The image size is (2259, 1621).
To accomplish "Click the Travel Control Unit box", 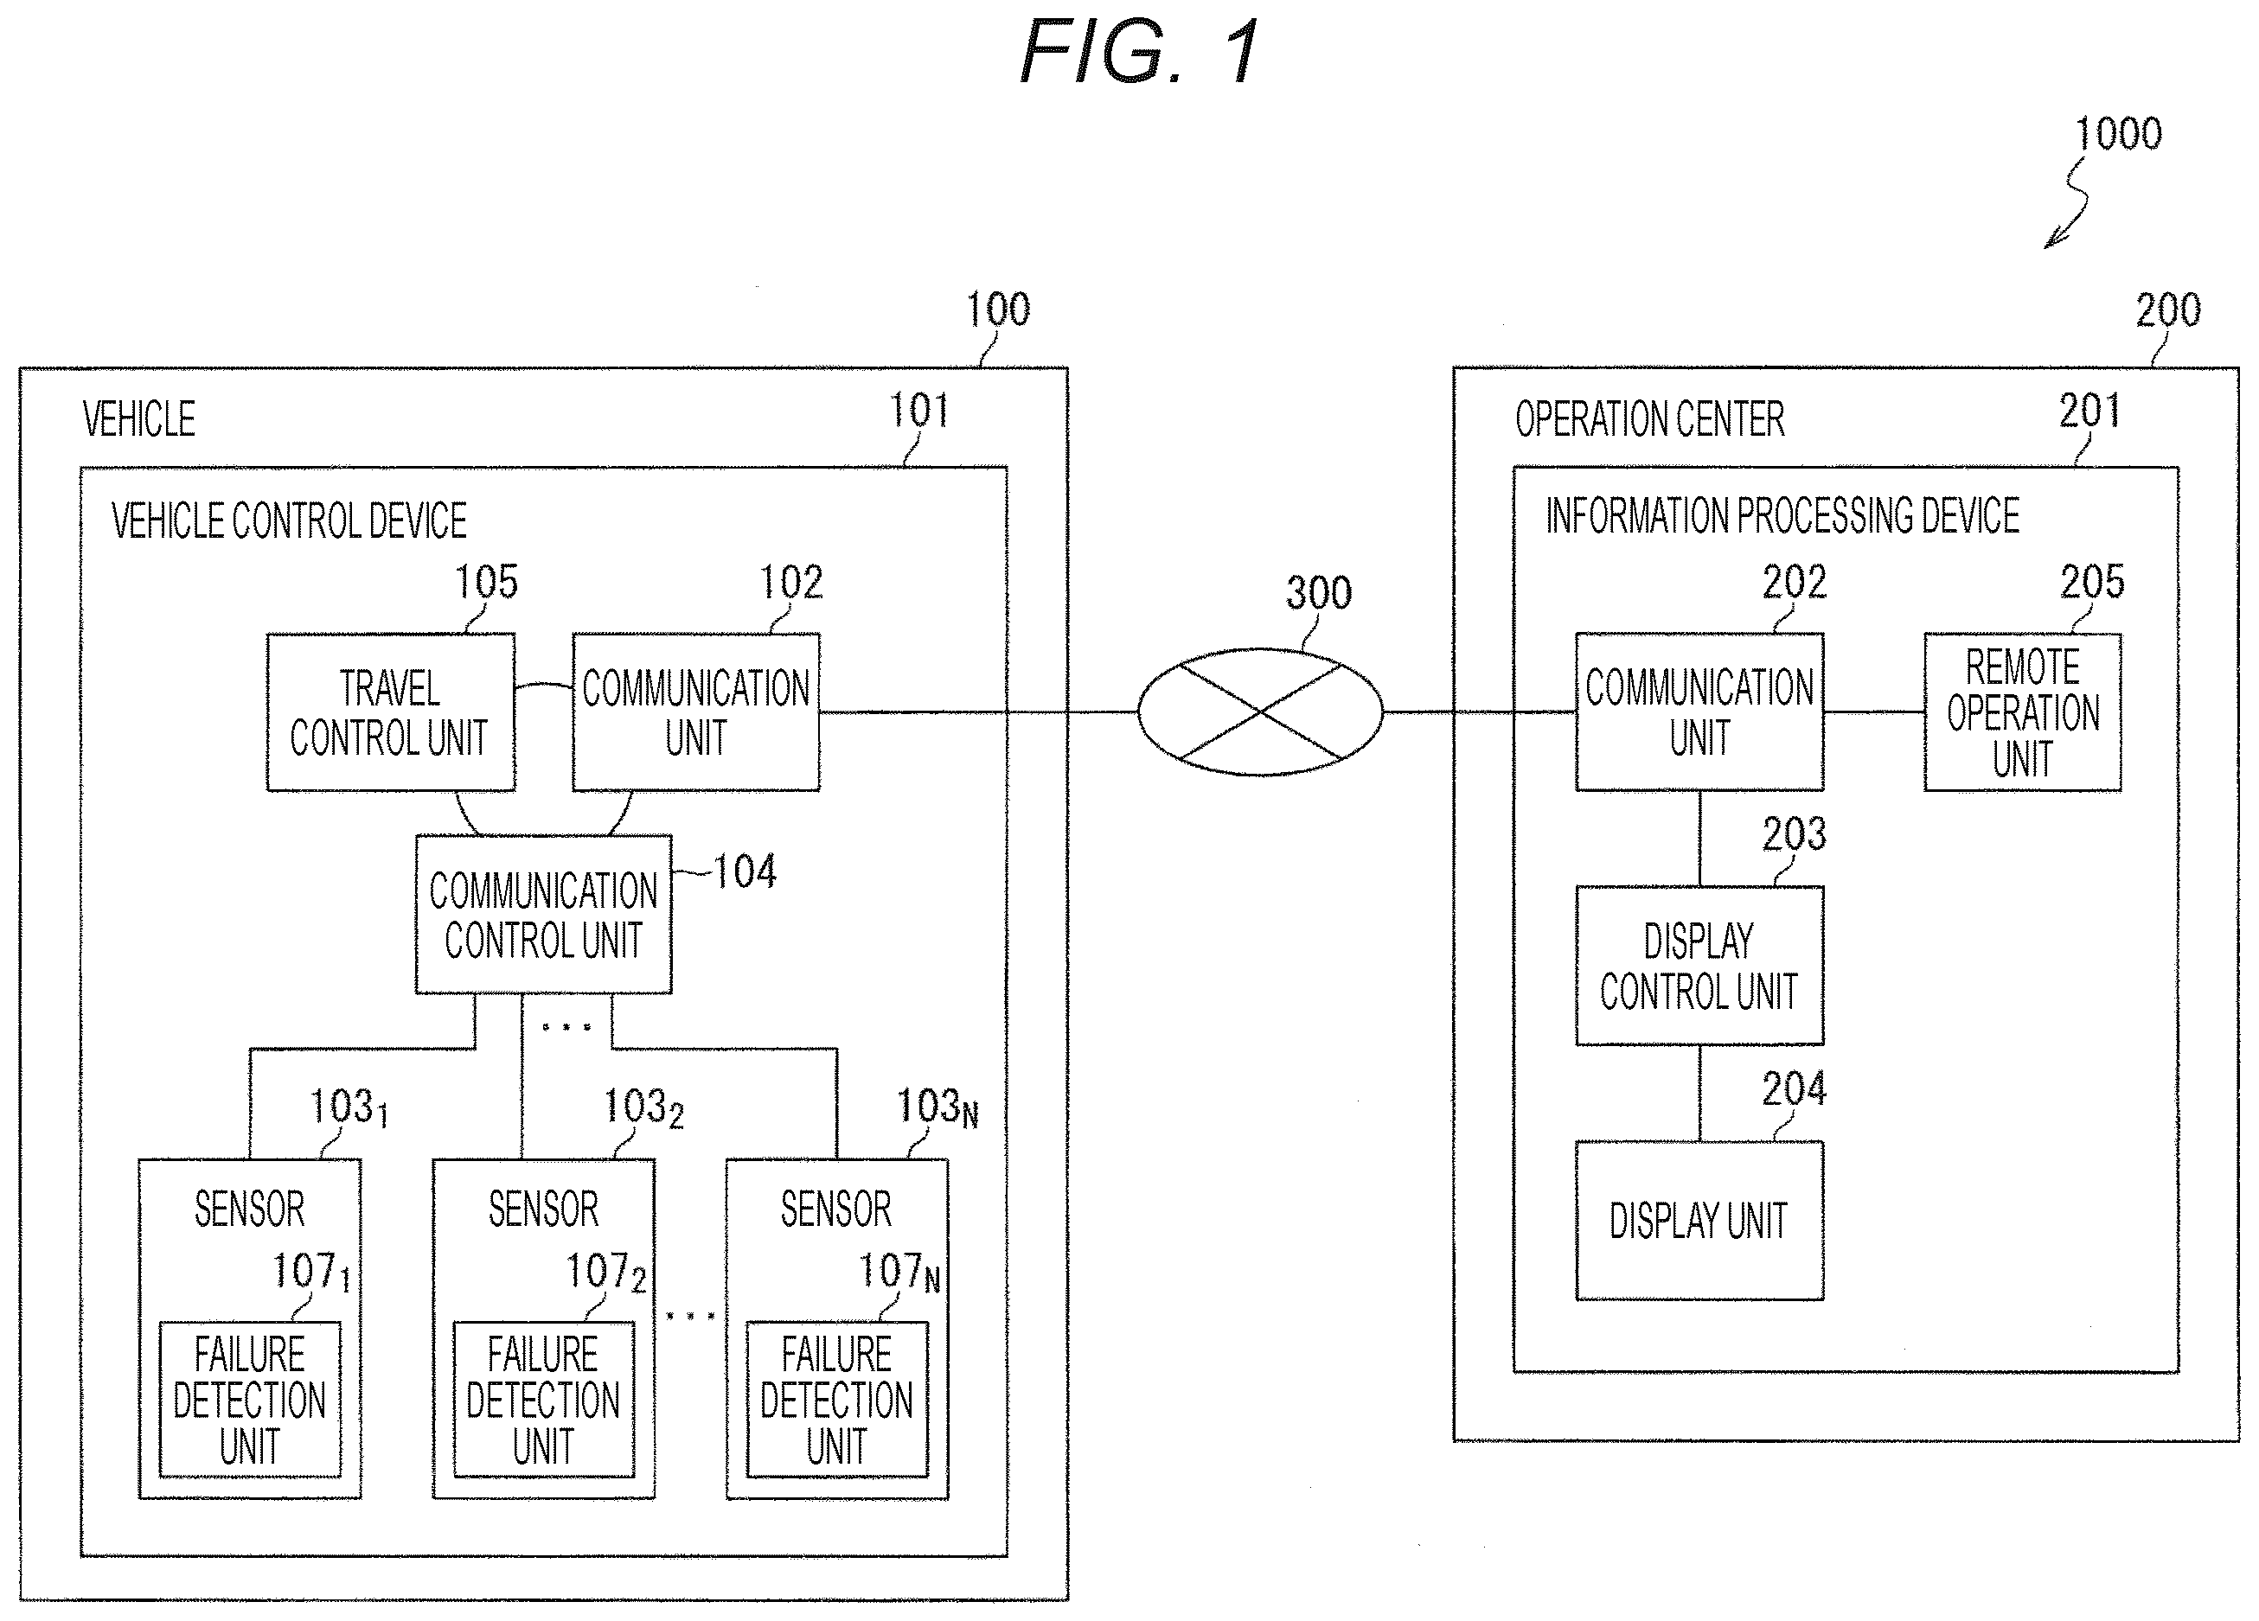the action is [x=390, y=712].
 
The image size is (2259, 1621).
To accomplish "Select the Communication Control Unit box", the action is [x=543, y=914].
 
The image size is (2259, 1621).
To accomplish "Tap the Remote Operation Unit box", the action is [x=2022, y=712].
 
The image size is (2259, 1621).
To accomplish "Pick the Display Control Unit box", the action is [x=1699, y=965].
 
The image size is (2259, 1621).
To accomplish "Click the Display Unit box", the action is [x=1699, y=1220].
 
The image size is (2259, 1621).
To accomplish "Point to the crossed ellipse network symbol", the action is [x=1260, y=712].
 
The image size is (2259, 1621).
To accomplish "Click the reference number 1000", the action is [x=2117, y=134].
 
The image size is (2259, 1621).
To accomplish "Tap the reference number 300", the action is [x=1319, y=593].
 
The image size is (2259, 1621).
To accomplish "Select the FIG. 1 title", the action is [x=1142, y=52].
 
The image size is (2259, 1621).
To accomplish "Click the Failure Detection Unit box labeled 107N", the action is [x=836, y=1399].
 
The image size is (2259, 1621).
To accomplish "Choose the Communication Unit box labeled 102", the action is [x=695, y=712].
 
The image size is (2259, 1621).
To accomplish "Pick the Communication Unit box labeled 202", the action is [x=1699, y=712].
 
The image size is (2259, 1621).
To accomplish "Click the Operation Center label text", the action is [x=1649, y=419].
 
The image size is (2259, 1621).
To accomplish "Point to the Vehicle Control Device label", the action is [x=289, y=520].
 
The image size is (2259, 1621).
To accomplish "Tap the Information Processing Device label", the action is [x=1782, y=516].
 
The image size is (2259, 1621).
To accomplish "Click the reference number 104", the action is [x=745, y=872].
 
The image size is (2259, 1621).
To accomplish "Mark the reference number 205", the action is [x=2092, y=582].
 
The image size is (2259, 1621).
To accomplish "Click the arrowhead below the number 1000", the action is [x=2050, y=242].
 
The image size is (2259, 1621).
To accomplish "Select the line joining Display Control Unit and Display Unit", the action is [x=1699, y=1092].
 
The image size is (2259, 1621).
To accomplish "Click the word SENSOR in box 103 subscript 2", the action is [x=543, y=1209].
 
